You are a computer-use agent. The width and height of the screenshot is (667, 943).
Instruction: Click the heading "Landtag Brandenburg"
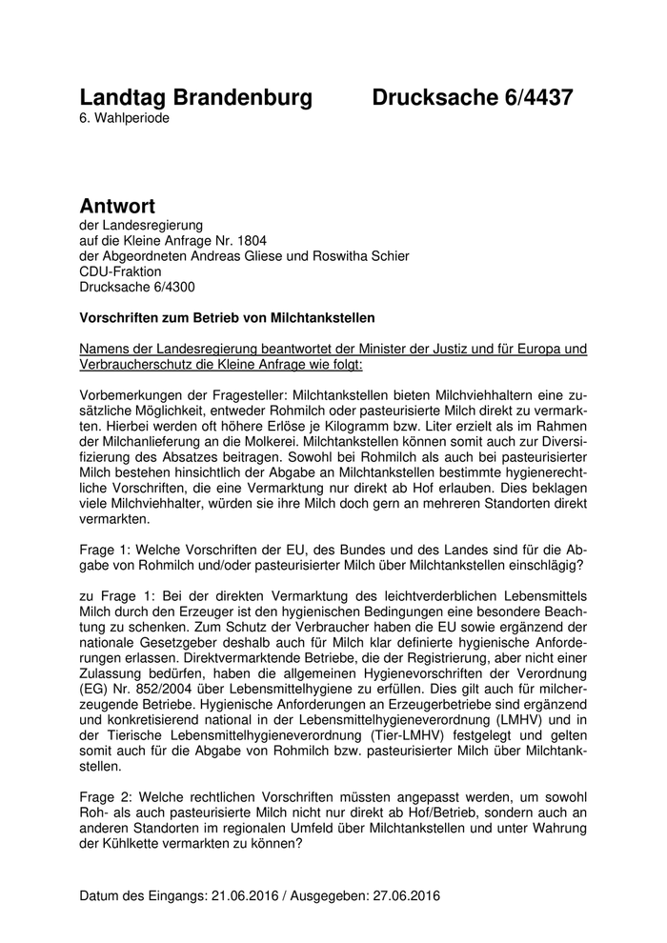click(196, 97)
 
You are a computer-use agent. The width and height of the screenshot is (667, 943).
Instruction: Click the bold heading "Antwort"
click(117, 205)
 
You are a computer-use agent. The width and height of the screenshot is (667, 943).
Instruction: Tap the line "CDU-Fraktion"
click(121, 271)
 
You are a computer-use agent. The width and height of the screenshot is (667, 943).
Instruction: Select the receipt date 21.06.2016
click(255, 896)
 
